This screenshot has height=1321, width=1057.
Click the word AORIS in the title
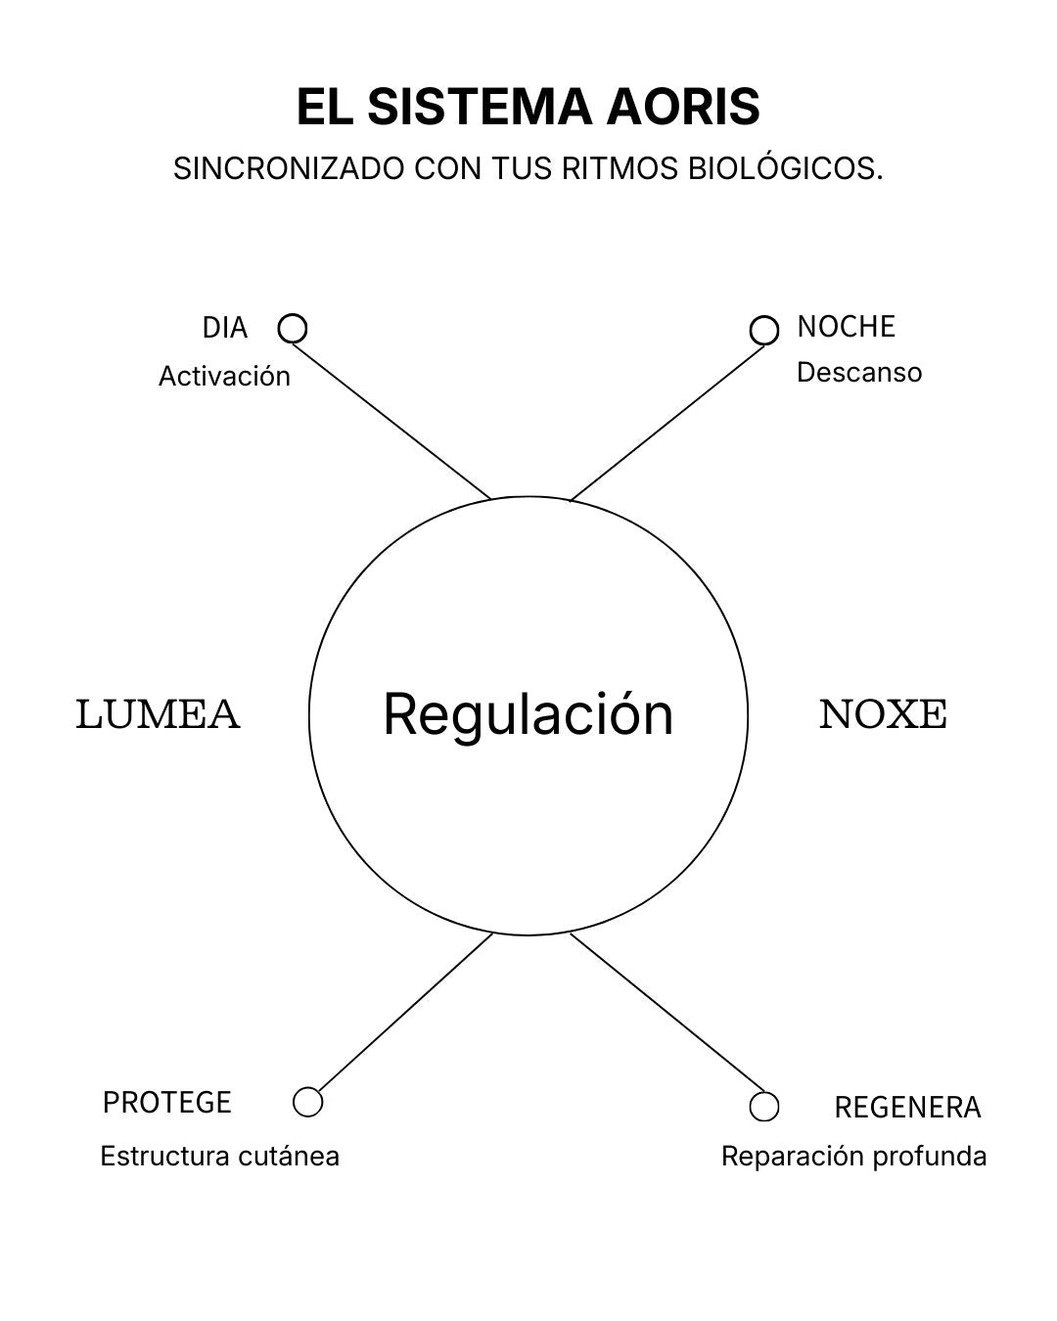click(x=682, y=107)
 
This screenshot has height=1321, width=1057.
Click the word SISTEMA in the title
click(x=480, y=107)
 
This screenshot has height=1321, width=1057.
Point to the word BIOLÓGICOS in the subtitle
click(x=785, y=168)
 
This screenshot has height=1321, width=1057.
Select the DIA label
click(x=224, y=328)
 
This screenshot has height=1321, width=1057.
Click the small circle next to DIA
click(x=293, y=329)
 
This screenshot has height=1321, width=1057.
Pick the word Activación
click(x=224, y=376)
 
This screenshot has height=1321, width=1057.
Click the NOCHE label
click(x=846, y=327)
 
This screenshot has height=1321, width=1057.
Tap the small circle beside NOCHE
click(x=764, y=331)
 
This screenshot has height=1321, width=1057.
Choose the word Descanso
click(x=858, y=373)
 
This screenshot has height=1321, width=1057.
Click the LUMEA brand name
click(x=158, y=714)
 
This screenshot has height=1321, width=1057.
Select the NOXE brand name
click(x=883, y=714)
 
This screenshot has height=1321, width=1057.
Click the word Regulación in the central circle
click(x=528, y=713)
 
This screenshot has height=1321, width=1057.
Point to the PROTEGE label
click(x=166, y=1103)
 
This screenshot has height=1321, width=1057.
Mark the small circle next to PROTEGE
click(x=307, y=1102)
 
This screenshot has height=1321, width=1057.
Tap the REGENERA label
click(x=907, y=1108)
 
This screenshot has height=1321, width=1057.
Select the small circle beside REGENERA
click(x=764, y=1107)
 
